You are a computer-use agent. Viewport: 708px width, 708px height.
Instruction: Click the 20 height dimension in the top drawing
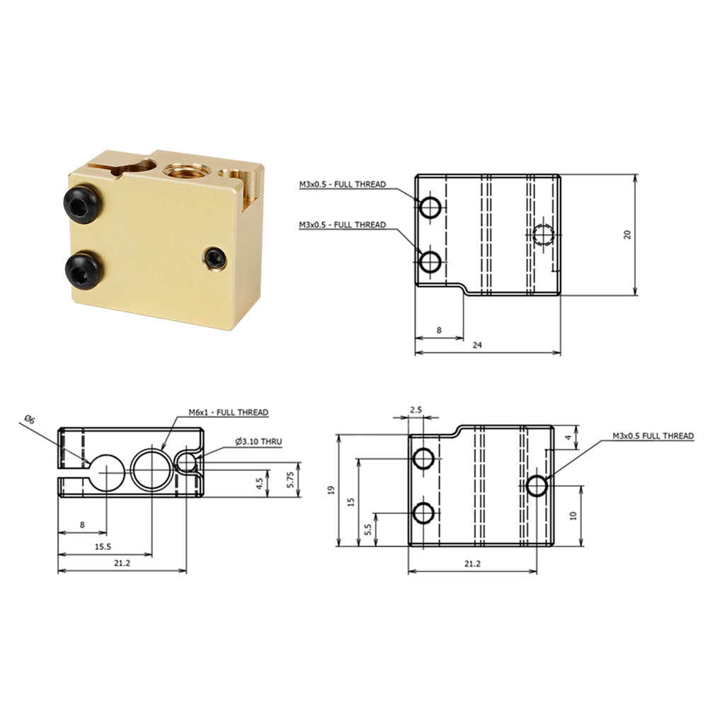point(627,234)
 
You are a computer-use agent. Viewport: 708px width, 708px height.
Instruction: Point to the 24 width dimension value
point(477,345)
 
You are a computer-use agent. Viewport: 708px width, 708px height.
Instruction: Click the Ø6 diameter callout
point(29,420)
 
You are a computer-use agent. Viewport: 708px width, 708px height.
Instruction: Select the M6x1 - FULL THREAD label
point(228,412)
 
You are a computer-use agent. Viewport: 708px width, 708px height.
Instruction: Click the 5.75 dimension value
point(289,480)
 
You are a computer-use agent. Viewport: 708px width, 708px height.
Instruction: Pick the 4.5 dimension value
point(260,484)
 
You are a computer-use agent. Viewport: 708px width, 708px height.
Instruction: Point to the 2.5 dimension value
point(416,410)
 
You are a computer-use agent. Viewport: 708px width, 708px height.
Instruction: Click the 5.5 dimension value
point(367,529)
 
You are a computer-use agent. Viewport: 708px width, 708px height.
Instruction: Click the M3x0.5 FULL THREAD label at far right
point(653,436)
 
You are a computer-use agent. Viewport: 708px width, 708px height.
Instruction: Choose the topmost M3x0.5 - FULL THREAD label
point(342,184)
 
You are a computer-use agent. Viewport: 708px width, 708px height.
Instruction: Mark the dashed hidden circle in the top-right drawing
point(544,234)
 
